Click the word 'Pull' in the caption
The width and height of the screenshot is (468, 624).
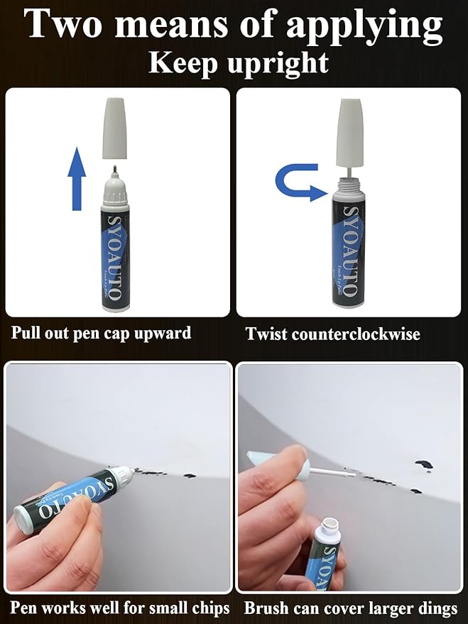pyautogui.click(x=26, y=332)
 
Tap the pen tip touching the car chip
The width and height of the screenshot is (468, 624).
pyautogui.click(x=134, y=469)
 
